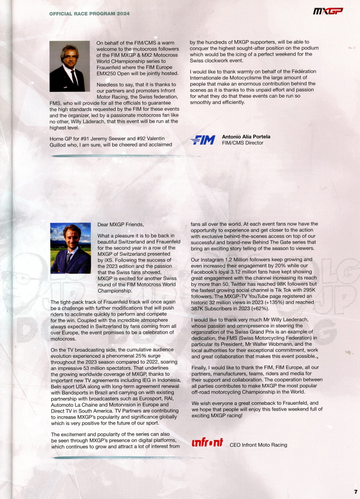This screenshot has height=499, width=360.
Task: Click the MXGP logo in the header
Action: pyautogui.click(x=328, y=11)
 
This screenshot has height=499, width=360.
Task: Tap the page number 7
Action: pyautogui.click(x=355, y=491)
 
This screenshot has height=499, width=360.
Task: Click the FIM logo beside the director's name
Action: pyautogui.click(x=202, y=140)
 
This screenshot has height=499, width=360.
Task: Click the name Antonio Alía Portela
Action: pyautogui.click(x=246, y=137)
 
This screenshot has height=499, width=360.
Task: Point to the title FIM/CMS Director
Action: pyautogui.click(x=243, y=143)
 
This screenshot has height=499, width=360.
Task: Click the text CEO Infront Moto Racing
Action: pyautogui.click(x=258, y=445)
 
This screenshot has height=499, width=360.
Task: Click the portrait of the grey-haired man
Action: pyautogui.click(x=70, y=66)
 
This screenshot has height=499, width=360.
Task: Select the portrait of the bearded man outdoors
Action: pyautogui.click(x=71, y=248)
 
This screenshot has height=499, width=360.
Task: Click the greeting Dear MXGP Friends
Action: pyautogui.click(x=120, y=224)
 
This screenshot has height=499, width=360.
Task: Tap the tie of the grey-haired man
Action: pyautogui.click(x=74, y=78)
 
